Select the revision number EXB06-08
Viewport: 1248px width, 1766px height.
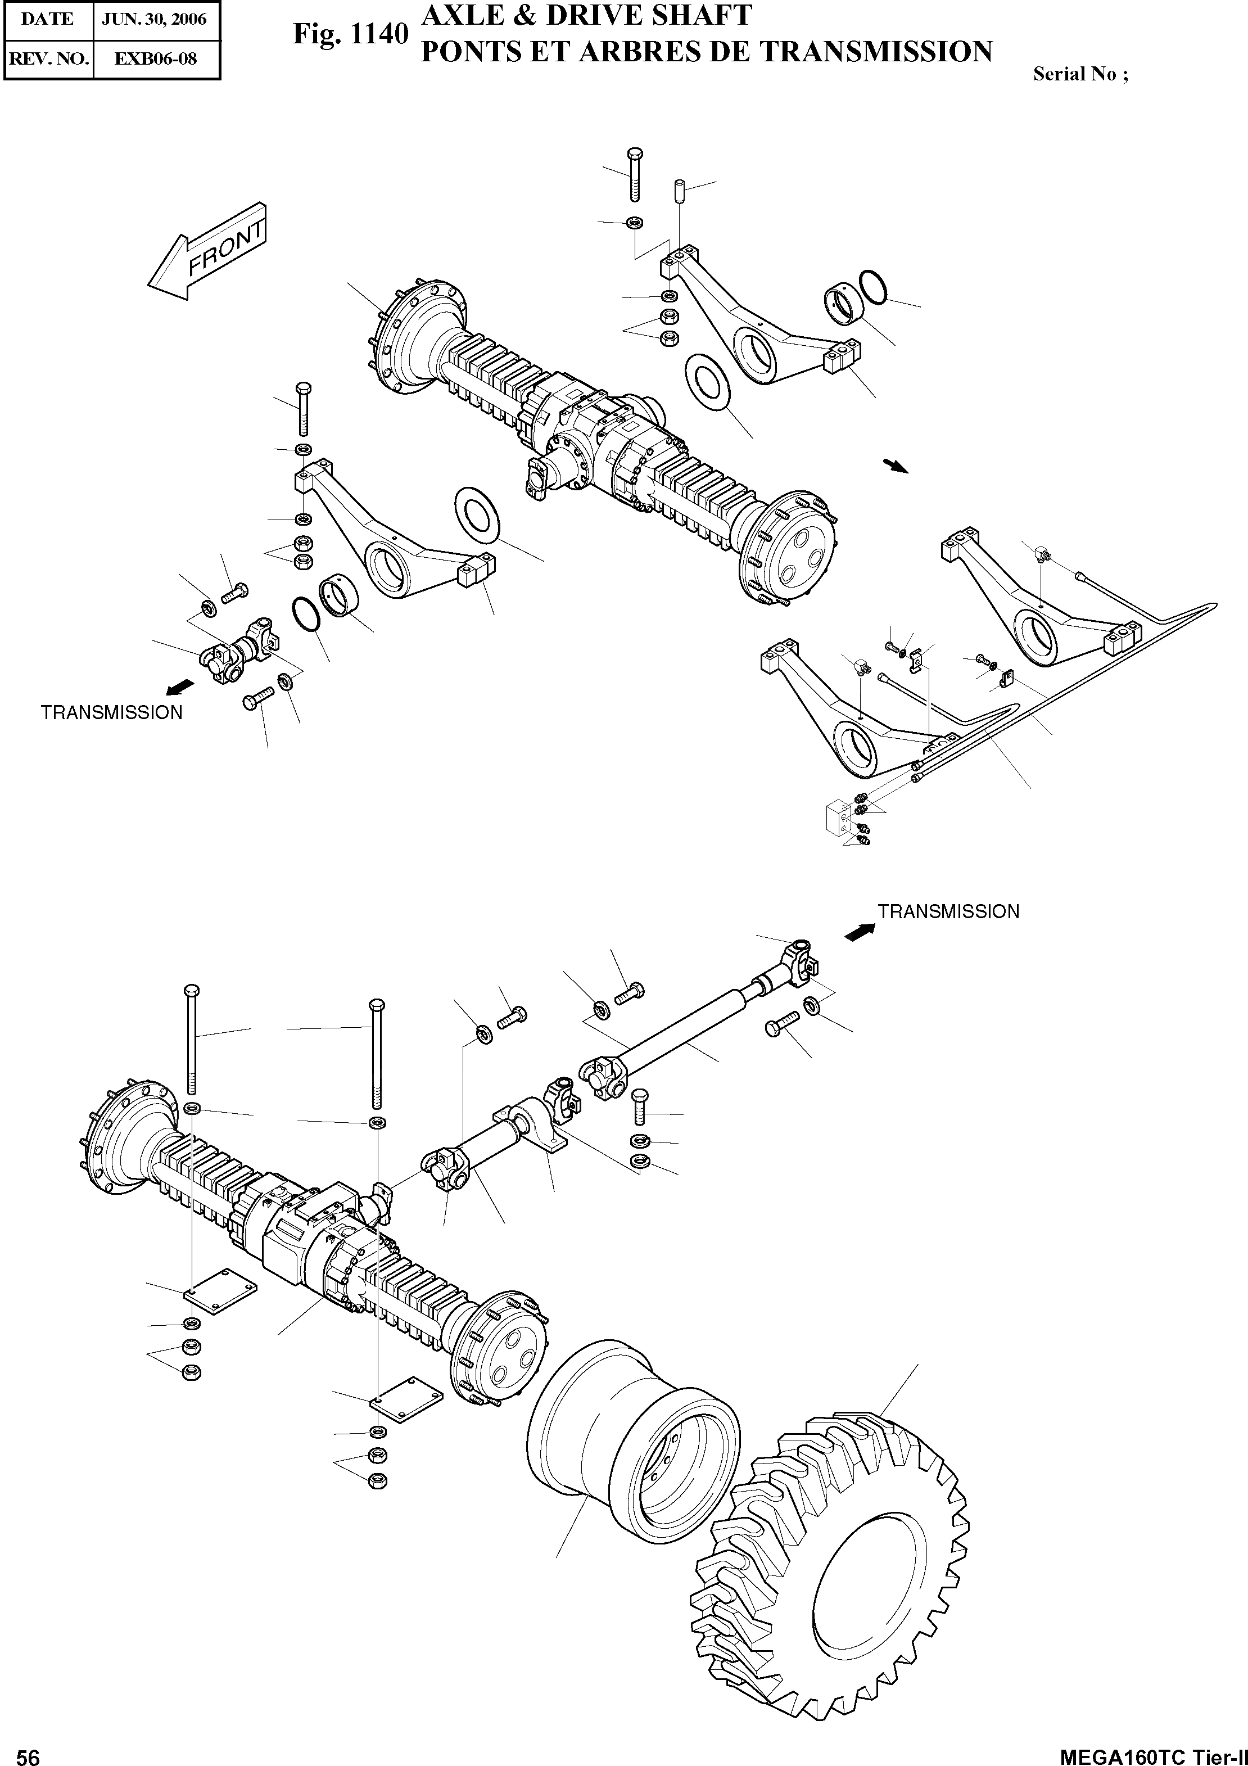(x=156, y=58)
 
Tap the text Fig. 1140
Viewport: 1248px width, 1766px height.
(x=350, y=35)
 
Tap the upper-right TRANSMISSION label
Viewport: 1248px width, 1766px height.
(x=948, y=911)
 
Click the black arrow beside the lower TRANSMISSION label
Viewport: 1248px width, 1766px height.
(x=860, y=932)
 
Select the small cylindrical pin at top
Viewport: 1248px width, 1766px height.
(x=679, y=190)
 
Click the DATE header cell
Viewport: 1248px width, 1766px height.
(x=48, y=19)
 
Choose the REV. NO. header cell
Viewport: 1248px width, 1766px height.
(x=48, y=58)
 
